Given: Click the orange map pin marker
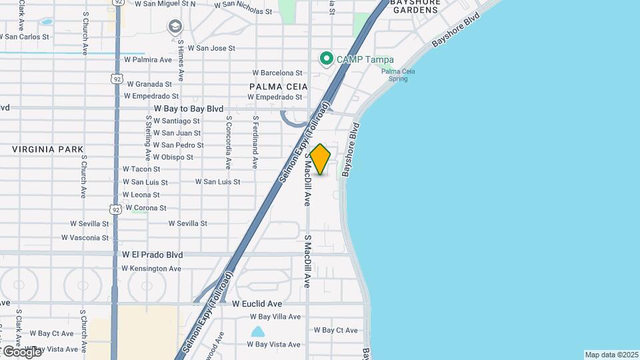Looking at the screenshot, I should point(320,159).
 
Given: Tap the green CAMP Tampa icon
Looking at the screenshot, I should point(327,59).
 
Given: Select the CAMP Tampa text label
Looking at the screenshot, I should point(365,59).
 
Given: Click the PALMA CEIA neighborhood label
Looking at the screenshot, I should point(279,87).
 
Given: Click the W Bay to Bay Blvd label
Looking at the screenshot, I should point(188,108).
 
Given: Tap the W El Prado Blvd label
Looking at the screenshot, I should point(153,255).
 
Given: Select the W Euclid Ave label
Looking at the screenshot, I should point(258,303).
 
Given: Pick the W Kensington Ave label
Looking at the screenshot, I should point(151,269).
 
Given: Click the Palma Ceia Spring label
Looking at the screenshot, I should point(404,75).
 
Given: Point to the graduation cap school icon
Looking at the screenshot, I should point(174,26).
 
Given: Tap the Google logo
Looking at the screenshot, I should point(21,351).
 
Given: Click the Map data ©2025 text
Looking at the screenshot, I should point(611,355).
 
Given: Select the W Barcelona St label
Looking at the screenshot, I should point(277,73).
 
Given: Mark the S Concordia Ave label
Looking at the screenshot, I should point(229,142).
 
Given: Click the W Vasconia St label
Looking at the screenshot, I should point(85,237).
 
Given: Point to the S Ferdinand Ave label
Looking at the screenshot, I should point(255,142).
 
